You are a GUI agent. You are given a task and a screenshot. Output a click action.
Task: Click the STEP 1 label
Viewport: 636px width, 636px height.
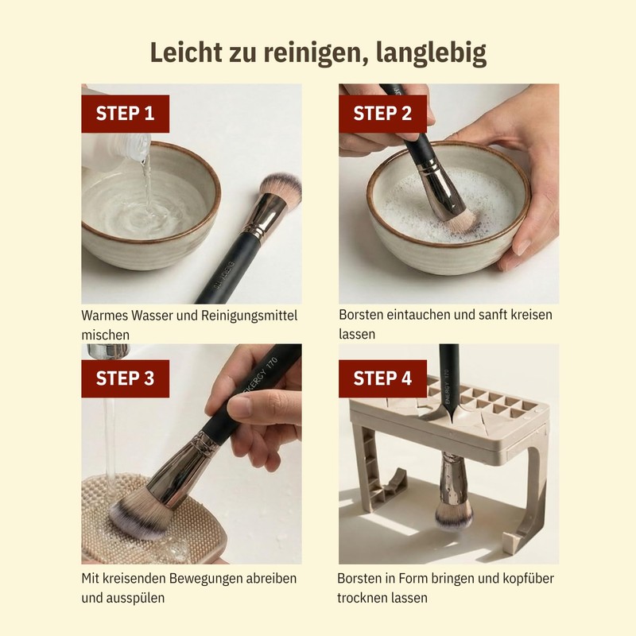point(125,114)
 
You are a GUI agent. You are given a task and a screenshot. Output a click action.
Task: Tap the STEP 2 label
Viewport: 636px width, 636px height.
point(382,114)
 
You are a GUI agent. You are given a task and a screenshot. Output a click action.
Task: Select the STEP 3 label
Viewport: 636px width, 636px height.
point(125,378)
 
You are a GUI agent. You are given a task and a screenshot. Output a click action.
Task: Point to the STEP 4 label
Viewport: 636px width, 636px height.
point(382,378)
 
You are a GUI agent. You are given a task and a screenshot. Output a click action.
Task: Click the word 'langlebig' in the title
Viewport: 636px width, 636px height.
point(431,53)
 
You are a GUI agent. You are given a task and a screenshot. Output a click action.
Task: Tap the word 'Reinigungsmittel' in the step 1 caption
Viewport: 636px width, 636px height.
point(250,316)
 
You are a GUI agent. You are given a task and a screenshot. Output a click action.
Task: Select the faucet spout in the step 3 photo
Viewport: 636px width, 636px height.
point(107,351)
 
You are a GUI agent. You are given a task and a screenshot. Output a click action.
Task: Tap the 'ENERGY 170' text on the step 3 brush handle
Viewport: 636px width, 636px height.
point(260,376)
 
